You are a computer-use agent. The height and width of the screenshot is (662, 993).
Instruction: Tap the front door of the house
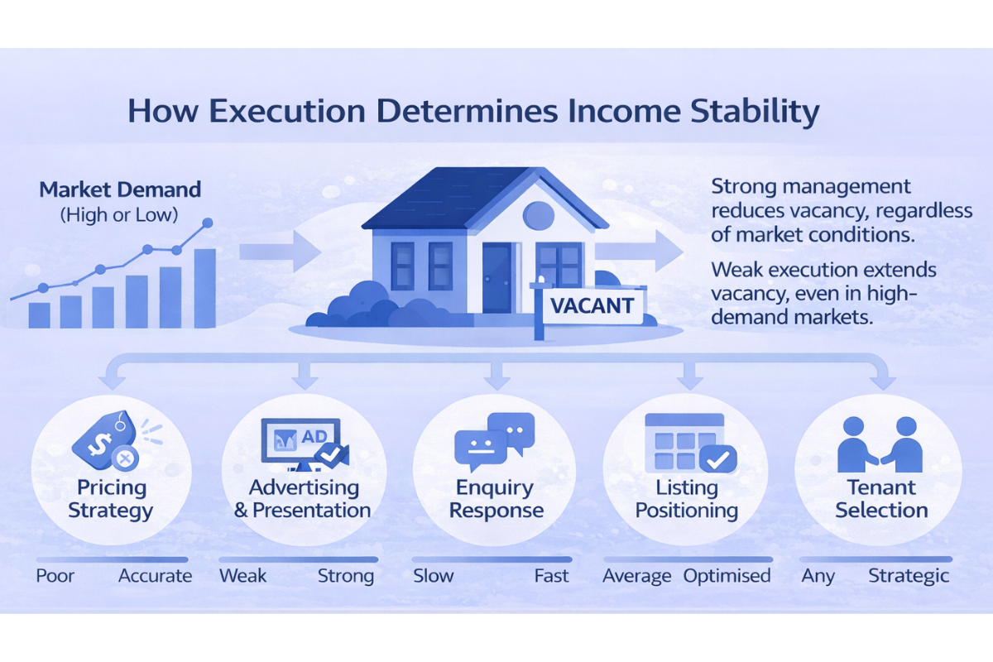(497, 277)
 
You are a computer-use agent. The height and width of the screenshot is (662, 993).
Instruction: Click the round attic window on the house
(539, 214)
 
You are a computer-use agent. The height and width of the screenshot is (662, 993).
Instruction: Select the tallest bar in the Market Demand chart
(204, 287)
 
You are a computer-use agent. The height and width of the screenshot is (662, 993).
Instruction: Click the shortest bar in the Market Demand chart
(39, 314)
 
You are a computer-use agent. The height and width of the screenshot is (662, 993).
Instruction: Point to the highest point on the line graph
(208, 223)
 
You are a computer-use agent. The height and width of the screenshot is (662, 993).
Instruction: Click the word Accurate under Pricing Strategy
(155, 576)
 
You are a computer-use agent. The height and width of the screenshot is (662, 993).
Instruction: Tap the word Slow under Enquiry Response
(433, 576)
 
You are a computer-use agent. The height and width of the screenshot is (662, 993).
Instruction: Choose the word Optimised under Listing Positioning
(727, 576)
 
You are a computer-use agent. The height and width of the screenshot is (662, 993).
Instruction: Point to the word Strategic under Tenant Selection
(908, 576)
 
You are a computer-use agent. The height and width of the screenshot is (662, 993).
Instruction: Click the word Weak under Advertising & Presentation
(242, 576)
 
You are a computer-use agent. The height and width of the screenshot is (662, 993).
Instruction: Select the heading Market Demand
(120, 189)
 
